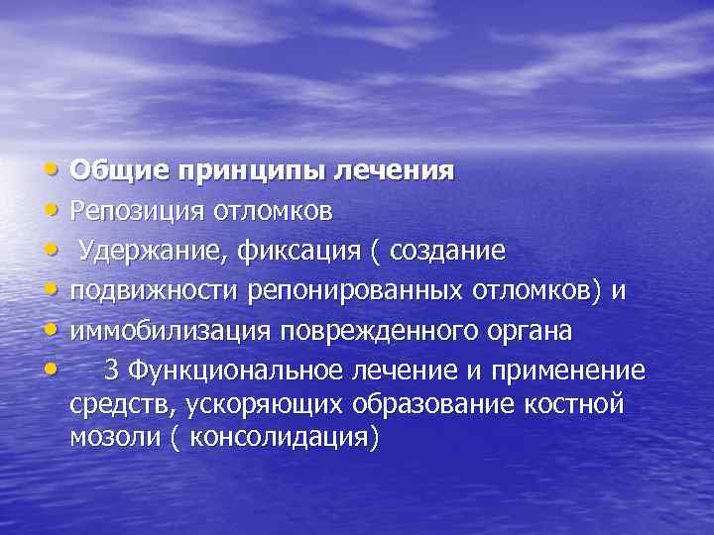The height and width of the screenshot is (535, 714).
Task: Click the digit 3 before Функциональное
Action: click(x=111, y=371)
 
